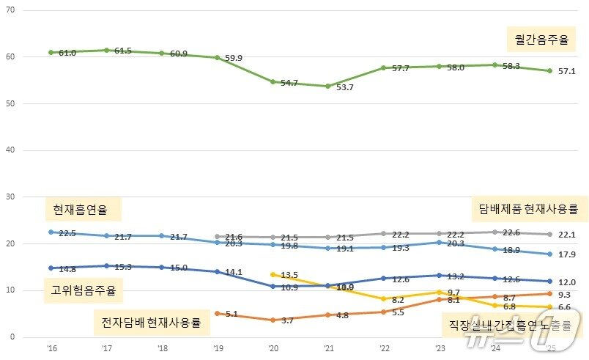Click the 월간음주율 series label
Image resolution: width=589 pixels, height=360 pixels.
541,40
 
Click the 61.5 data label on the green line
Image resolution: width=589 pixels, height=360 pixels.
122,51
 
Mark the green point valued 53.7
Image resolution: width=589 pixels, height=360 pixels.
327,86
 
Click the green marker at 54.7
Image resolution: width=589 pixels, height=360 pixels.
273,81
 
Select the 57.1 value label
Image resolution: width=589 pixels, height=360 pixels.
568,72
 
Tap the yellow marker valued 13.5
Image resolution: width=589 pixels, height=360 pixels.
273,274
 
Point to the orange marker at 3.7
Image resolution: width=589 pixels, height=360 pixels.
273,320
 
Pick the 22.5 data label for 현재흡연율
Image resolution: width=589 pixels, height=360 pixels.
67,233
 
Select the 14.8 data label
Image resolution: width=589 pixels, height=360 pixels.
67,268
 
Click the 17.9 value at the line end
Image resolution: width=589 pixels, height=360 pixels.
568,255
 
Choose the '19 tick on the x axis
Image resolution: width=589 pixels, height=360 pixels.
217,348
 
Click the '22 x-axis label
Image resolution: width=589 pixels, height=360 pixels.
383,348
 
